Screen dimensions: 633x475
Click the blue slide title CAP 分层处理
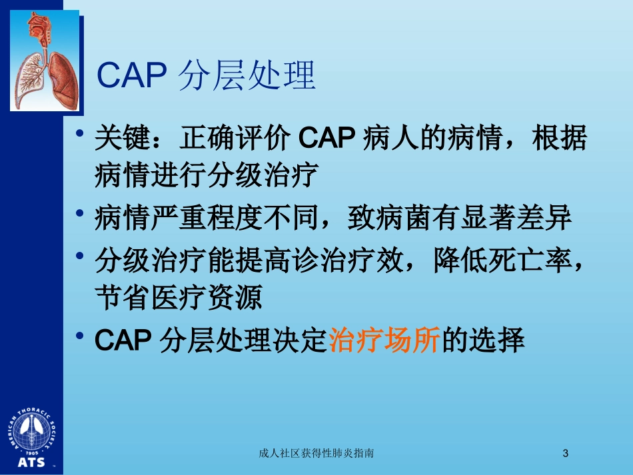tap(206, 75)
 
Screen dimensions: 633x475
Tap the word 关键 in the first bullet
tap(123, 138)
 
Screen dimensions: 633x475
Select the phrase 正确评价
tap(235, 138)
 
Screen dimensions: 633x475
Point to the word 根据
tap(560, 138)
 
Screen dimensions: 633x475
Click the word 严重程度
tap(207, 218)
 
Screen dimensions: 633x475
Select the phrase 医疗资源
tap(207, 298)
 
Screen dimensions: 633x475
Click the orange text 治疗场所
tap(384, 340)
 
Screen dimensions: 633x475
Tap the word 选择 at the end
tap(497, 340)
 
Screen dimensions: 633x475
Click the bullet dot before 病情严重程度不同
tap(79, 213)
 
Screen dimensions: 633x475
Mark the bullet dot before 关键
tap(79, 133)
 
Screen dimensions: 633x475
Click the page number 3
tap(566, 453)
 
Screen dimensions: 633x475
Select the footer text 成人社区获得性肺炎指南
tap(316, 453)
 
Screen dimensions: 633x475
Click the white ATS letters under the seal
tap(31, 462)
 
